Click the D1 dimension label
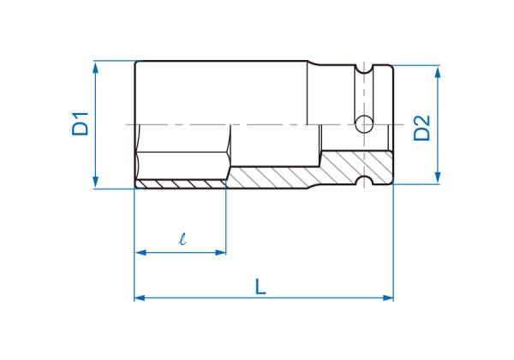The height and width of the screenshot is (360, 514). point(81,124)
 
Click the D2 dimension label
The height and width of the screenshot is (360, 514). point(421,129)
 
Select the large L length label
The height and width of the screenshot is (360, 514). point(260,286)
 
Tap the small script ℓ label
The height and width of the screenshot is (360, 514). point(182,238)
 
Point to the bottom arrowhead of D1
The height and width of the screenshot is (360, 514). point(95,182)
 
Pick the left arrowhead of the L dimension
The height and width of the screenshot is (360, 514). point(140,298)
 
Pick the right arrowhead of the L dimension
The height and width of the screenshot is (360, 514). point(388,298)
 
